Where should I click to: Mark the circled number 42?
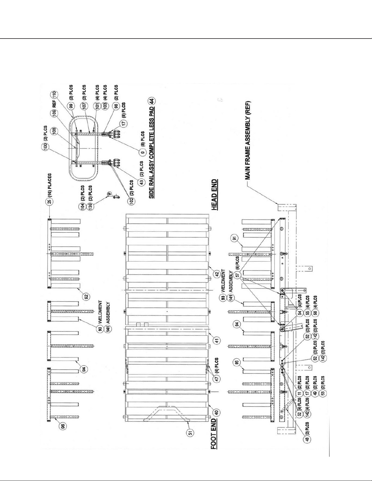pos(217,273)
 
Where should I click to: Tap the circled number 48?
pos(307,440)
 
